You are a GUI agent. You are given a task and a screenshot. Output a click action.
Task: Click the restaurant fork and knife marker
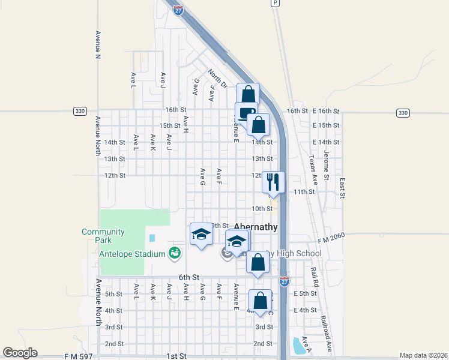coord(273,182)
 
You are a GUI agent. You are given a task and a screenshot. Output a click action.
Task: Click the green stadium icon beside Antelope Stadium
coord(175,254)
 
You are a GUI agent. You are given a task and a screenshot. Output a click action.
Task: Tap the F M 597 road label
coord(79,356)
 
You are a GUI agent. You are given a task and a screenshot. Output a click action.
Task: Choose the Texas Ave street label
coord(312,170)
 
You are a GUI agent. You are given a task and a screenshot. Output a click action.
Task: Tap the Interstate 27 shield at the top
coord(178,10)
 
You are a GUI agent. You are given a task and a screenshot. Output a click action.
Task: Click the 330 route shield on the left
coord(80,112)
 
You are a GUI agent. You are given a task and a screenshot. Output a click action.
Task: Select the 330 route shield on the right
coord(402,113)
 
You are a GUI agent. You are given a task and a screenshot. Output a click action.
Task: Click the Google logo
coord(20,353)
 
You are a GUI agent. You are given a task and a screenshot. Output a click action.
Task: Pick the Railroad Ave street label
coord(327,333)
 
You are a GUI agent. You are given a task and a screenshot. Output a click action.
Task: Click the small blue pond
coord(296,346)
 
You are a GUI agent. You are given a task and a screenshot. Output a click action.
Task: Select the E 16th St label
coord(326,112)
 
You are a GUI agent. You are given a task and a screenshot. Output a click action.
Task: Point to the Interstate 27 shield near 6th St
coord(285,281)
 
